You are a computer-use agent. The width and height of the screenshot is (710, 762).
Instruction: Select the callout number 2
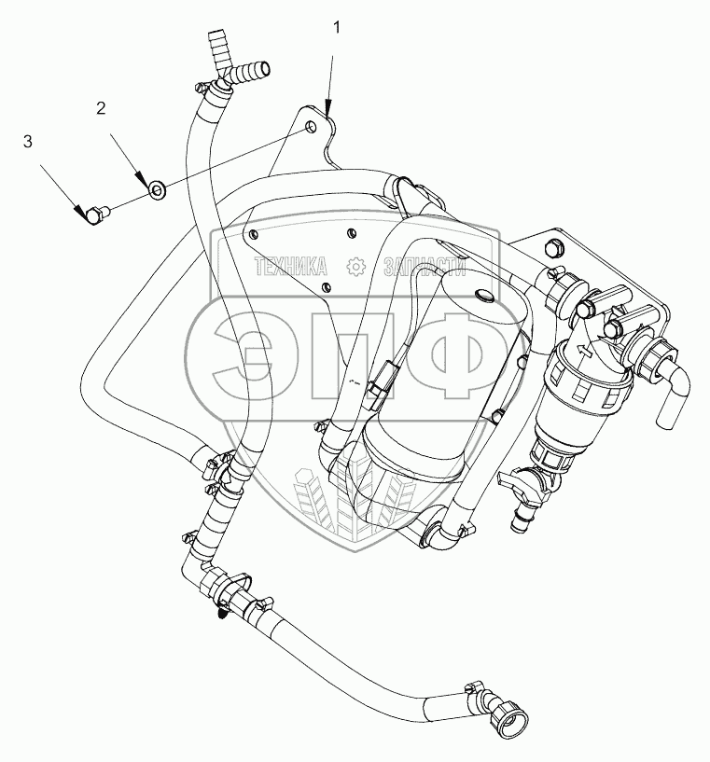[100, 108]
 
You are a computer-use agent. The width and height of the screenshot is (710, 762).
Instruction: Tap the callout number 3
[28, 142]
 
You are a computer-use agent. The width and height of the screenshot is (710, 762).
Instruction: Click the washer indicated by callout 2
[159, 191]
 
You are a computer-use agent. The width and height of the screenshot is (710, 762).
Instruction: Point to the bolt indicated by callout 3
[94, 215]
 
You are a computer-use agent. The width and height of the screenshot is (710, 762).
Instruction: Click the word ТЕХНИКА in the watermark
[291, 267]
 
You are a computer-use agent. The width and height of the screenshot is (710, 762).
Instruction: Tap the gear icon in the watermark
[355, 267]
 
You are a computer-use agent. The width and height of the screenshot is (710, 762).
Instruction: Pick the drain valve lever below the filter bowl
[516, 481]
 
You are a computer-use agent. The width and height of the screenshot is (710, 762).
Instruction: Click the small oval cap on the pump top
[484, 297]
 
